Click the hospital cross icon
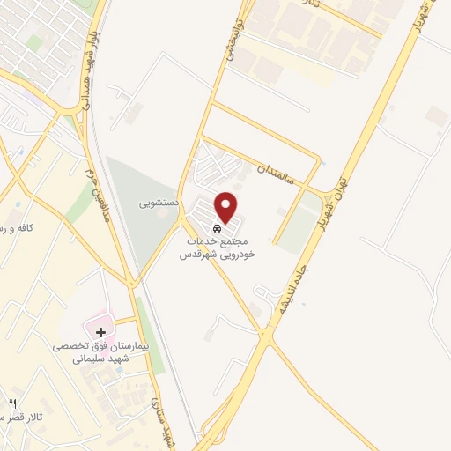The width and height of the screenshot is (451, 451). pos(101,332)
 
